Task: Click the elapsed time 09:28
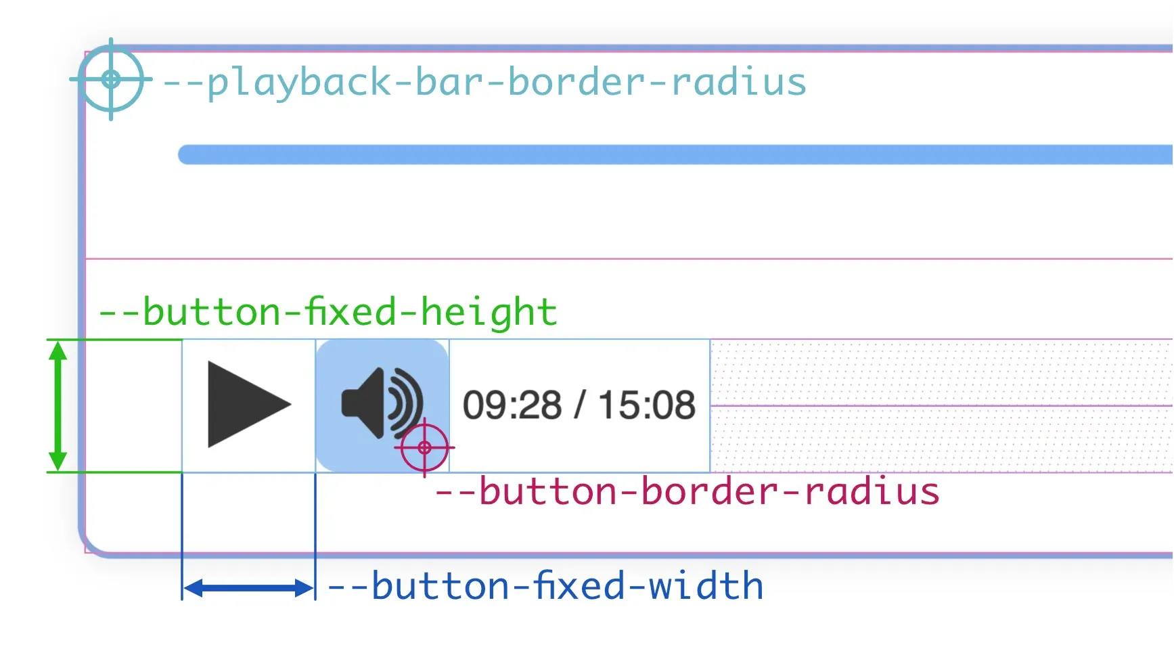512,405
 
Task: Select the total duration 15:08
646,405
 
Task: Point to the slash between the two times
579,405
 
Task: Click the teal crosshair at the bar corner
111,79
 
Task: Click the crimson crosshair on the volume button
424,447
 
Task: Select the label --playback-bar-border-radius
484,83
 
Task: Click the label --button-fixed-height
328,312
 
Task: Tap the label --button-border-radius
687,491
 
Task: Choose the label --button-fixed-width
545,586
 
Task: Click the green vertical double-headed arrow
58,405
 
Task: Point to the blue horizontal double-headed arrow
248,588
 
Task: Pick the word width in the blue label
706,586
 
